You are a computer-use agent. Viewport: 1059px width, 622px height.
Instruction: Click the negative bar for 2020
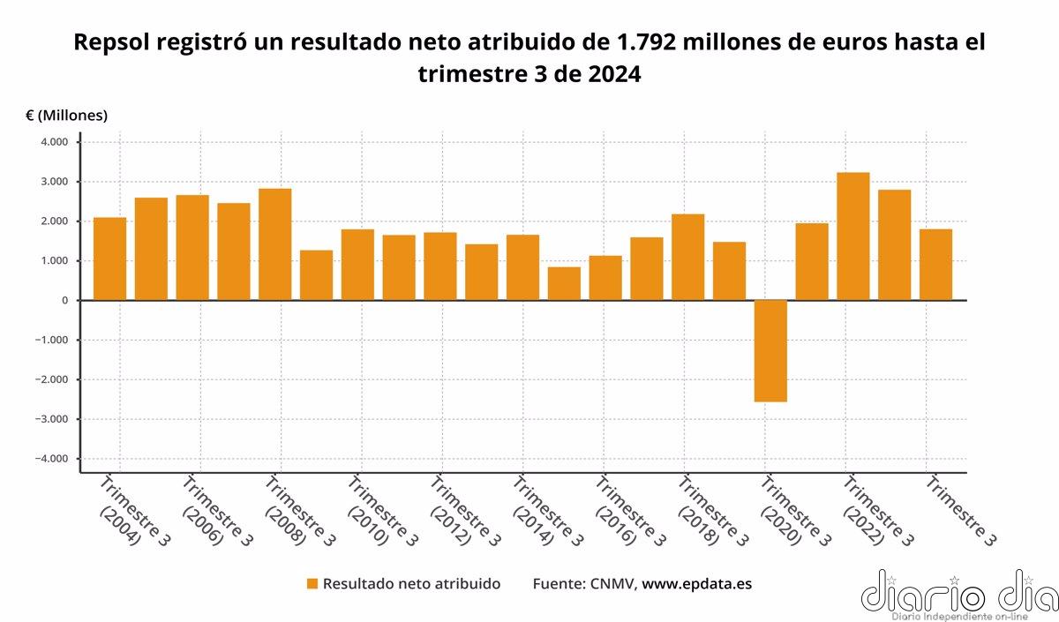tap(770, 350)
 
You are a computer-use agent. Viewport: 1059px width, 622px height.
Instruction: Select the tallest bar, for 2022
tap(853, 236)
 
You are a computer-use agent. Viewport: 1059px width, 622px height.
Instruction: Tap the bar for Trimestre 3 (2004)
tap(110, 259)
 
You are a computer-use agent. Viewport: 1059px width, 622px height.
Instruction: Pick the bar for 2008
tap(275, 244)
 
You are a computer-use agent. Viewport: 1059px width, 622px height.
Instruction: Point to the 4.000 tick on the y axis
tap(54, 142)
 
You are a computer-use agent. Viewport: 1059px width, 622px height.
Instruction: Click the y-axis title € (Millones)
tap(67, 116)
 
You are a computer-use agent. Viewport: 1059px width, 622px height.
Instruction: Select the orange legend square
tap(312, 584)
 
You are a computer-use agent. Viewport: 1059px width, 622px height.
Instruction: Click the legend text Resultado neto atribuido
tap(411, 584)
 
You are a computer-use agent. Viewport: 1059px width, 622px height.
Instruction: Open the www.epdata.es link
tap(696, 584)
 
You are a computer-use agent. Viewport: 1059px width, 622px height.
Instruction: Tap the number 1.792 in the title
tap(646, 42)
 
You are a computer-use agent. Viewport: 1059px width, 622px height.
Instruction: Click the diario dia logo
tap(958, 593)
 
